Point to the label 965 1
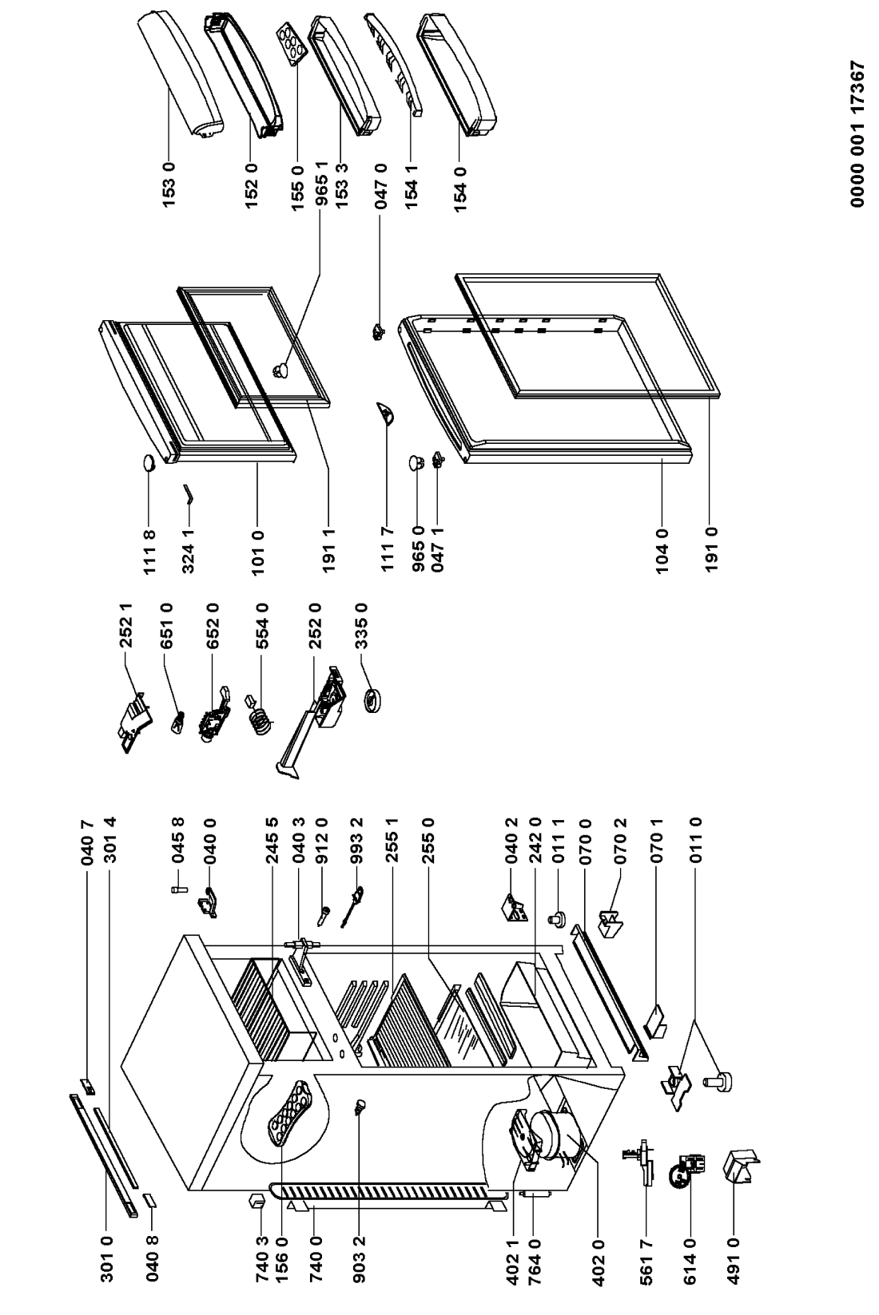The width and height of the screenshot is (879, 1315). tap(321, 185)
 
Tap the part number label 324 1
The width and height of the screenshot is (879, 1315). tap(188, 551)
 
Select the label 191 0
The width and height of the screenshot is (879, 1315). tap(711, 550)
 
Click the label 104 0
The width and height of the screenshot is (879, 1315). tap(662, 551)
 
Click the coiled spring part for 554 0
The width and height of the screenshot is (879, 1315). tap(259, 717)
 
